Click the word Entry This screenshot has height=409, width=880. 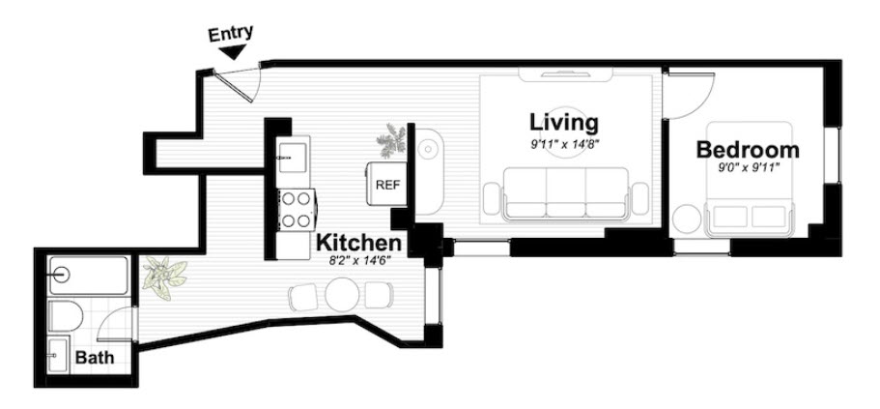[x=231, y=32]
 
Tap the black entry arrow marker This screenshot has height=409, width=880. [x=232, y=54]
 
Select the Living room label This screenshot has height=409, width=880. [x=563, y=123]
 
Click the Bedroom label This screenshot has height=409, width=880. [x=748, y=150]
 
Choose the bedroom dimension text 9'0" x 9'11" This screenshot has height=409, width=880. [x=749, y=167]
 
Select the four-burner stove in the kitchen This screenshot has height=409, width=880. [x=296, y=210]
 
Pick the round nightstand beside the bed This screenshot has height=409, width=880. [x=688, y=219]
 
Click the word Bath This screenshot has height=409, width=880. [x=95, y=358]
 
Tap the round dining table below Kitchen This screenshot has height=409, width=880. [x=342, y=294]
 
